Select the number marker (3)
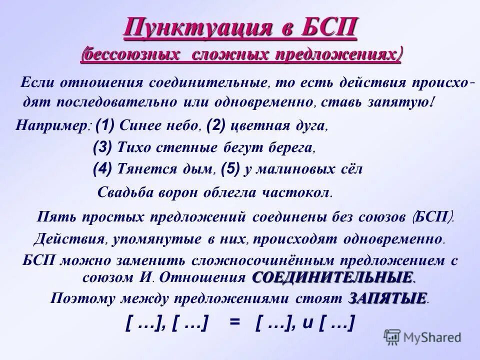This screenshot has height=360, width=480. tap(103, 147)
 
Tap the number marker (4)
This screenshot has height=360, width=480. tap(103, 169)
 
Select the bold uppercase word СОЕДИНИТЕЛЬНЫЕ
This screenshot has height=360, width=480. tap(334, 276)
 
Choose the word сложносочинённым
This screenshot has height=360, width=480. tap(242, 261)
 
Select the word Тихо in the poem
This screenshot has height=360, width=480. tap(132, 148)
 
